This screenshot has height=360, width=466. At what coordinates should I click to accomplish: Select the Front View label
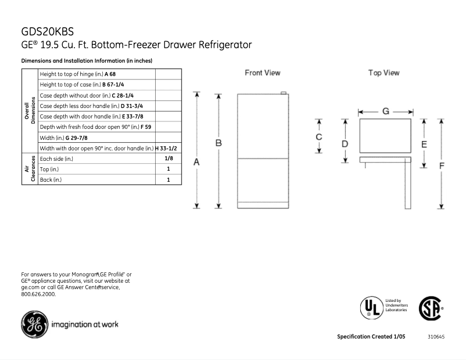pos(262,73)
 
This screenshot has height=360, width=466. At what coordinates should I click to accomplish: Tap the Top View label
pos(383,73)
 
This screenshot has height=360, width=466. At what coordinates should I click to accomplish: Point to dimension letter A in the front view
pos(197,163)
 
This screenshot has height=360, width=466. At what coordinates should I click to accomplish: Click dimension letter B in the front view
pos(218,142)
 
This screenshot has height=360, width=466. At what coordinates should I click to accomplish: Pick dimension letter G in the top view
pos(385,111)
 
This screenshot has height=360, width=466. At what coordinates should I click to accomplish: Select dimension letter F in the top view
pos(442,165)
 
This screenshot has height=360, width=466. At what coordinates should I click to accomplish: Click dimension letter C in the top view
pos(318,137)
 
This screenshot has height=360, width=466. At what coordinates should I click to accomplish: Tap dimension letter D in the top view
pos(345,143)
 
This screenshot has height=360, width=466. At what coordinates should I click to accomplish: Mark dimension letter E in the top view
pos(424,143)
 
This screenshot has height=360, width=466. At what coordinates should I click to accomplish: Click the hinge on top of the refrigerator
pos(284,93)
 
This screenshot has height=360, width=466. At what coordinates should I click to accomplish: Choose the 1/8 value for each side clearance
pos(169,158)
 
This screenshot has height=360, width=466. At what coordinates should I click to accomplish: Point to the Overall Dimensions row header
pos(30,111)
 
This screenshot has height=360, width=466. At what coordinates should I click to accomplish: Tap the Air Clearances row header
pos(30,169)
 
